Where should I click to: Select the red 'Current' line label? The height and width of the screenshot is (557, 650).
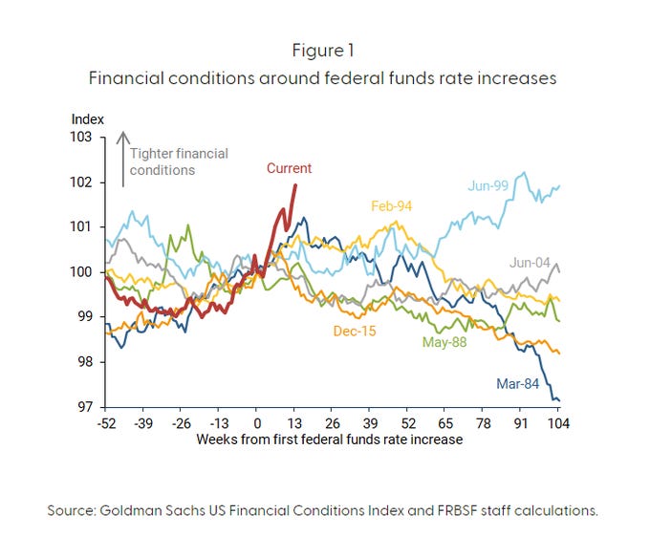pos(289,168)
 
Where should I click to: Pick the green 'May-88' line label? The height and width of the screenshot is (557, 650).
pos(445,342)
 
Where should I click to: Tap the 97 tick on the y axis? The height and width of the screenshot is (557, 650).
pos(85,407)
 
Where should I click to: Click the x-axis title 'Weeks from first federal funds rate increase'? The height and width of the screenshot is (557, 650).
pos(329,439)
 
